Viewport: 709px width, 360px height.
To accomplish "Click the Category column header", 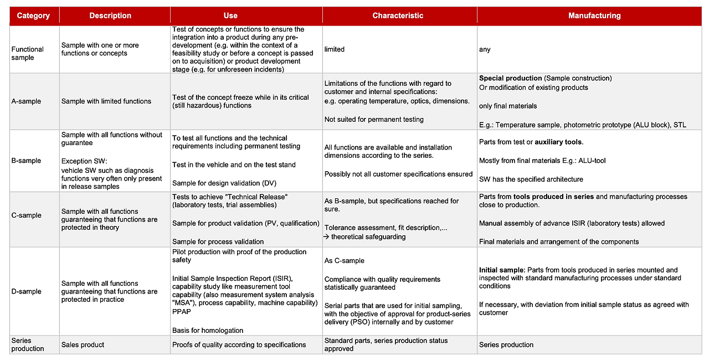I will (33, 16).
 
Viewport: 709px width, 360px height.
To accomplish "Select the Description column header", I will (110, 16).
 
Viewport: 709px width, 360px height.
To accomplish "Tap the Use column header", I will (230, 16).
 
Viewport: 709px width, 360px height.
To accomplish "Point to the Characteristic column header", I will (398, 16).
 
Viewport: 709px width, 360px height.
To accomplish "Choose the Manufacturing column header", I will (594, 16).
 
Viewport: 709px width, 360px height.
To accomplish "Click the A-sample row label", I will (26, 101).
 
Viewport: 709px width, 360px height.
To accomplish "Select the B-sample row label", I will (26, 161).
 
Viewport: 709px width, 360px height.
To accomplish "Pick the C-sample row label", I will (26, 215).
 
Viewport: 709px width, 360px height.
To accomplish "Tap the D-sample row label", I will (26, 291).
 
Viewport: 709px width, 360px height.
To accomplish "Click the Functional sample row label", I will (27, 53).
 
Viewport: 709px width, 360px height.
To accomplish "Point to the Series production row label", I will (27, 344).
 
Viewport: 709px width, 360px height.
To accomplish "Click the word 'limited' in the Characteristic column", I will (335, 49).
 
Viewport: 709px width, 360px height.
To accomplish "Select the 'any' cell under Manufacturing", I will (485, 49).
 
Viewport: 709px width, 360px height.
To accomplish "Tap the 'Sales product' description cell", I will (83, 344).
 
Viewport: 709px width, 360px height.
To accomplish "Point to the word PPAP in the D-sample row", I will (182, 311).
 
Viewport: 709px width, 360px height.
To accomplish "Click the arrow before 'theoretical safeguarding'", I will (327, 236).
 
